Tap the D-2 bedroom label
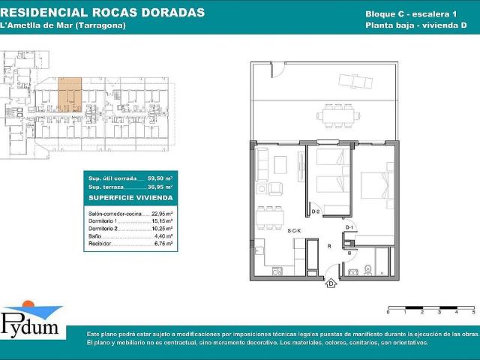tap(316, 212)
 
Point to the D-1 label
tap(349, 226)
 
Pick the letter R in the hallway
tap(328, 244)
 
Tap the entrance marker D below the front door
tap(330, 283)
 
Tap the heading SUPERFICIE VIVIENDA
tap(130, 197)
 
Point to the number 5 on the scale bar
tap(473, 310)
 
